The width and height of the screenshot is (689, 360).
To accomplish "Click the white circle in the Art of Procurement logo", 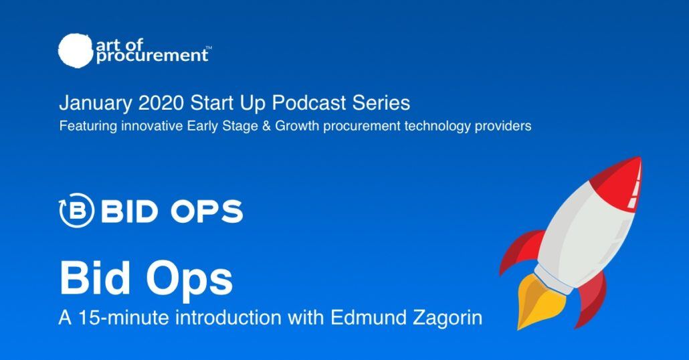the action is pos(76,51).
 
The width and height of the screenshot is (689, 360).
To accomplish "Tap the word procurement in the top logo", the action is pos(152,56).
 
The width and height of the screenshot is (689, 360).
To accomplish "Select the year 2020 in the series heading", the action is pos(161,103).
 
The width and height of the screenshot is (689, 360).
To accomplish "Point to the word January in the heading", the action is pos(96,104).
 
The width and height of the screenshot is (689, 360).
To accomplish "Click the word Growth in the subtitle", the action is pos(297,126).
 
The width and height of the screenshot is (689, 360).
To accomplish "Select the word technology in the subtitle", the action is pos(437,126).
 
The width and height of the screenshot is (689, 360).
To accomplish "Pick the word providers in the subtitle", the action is pos(502,126).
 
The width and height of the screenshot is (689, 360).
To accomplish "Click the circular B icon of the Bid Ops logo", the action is pos(76,211).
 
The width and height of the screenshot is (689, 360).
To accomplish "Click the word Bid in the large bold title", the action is pos(95,278).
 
